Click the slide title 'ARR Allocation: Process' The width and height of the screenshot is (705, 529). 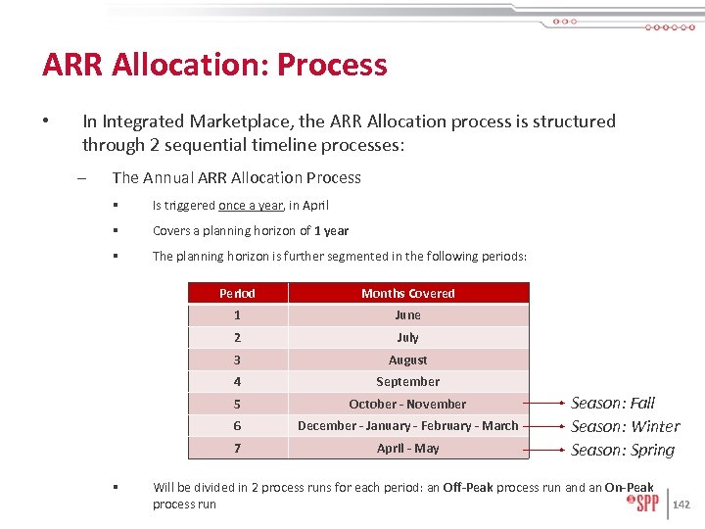coord(214,65)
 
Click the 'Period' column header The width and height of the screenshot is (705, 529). coord(237,293)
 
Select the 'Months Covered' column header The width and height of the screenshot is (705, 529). coord(407,293)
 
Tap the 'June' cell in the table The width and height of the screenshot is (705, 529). coord(407,315)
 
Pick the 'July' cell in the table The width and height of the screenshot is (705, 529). coord(407,337)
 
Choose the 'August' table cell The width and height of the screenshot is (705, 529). coord(407,360)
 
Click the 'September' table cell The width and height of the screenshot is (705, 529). coord(407,381)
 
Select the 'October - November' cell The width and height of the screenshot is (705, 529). coord(407,404)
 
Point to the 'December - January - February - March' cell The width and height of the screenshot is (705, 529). coord(407,425)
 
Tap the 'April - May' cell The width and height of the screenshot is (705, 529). coord(407,448)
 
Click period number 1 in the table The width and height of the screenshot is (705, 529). coord(237,315)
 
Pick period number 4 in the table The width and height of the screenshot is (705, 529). coord(237,381)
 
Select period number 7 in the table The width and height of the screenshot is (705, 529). coord(237,448)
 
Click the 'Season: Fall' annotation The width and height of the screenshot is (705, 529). coord(613,403)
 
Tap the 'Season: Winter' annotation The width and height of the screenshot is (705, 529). coord(625,426)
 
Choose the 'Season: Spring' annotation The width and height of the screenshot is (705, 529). coord(623,450)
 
